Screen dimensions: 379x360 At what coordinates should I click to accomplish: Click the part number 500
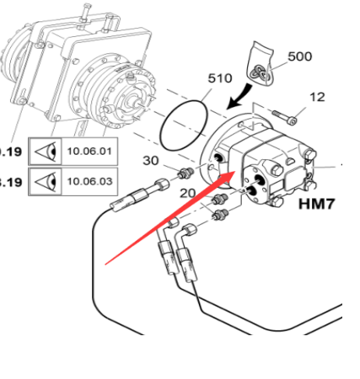(299, 56)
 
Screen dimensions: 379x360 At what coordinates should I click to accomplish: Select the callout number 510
(220, 78)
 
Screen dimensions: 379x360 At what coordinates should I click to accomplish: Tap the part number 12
(317, 98)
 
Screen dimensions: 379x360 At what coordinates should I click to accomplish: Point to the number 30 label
(150, 161)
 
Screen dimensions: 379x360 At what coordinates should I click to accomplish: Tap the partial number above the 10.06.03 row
(10, 152)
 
